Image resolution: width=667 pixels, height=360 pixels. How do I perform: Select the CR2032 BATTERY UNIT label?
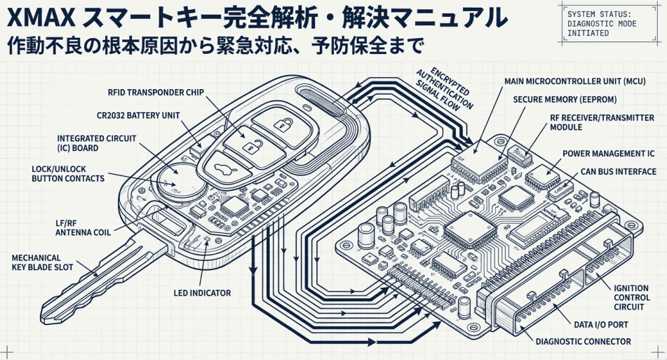(138, 114)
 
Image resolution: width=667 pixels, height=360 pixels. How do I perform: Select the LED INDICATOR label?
(202, 293)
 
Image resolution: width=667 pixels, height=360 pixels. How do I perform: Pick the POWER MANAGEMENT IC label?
(607, 153)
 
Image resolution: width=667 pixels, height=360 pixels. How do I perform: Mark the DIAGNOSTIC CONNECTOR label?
(583, 342)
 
